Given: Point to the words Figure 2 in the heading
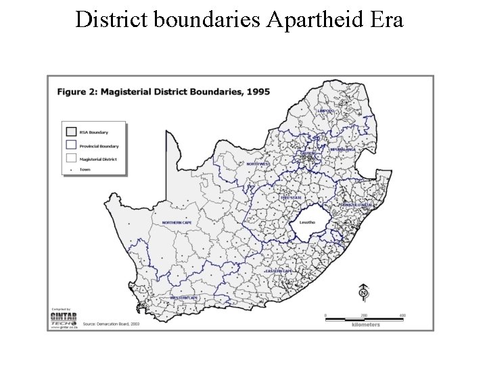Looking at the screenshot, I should [x=80, y=91].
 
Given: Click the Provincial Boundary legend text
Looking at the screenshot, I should [x=100, y=146].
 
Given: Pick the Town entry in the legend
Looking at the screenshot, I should [x=85, y=170].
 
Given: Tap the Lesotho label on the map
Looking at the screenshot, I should [x=307, y=221].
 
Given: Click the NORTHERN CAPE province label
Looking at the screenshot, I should [x=177, y=222].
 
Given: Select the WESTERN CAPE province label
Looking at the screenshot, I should [x=184, y=297].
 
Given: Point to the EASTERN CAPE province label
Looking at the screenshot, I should [x=279, y=270].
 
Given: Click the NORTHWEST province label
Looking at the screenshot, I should [x=258, y=164].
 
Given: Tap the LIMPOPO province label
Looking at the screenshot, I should [x=326, y=110].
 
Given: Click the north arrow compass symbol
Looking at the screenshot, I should [x=363, y=293].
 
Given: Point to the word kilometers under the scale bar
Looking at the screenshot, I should [x=365, y=324].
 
